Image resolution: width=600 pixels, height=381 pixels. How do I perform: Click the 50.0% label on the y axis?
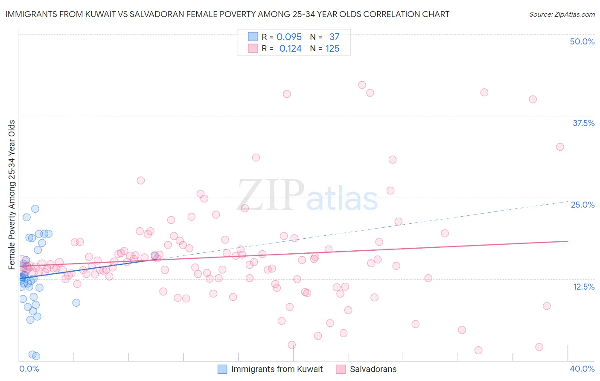pos(582,41)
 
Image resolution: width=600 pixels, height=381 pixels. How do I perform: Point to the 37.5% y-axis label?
pos(583,123)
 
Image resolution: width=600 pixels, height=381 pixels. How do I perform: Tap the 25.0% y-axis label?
pos(583,205)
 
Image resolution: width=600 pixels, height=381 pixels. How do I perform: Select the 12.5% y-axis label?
pos(583,287)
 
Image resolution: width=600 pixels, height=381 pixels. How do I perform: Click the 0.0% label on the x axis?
pos(29,369)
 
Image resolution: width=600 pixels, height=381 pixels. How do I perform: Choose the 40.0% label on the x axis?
pos(582,369)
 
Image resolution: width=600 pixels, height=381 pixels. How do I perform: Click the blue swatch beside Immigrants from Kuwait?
pos(222,369)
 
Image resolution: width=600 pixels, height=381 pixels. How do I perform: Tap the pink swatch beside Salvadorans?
pos(341,369)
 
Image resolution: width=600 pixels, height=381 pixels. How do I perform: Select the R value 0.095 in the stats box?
pos(289,37)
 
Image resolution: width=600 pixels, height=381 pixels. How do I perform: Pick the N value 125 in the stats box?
pos(332,49)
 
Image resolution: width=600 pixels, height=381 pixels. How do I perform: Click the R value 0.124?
pos(290,49)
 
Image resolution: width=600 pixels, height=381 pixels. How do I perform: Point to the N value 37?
pos(334,37)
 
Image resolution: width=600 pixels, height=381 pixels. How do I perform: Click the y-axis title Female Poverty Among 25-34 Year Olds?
pos(12,195)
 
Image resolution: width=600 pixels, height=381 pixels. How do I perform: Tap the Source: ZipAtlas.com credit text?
pos(562,15)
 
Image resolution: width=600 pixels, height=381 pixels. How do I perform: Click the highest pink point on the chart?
pos(362,85)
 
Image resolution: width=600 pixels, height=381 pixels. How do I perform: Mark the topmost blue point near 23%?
pos(35,209)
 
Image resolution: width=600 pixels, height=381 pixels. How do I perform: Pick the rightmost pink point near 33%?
pos(560,147)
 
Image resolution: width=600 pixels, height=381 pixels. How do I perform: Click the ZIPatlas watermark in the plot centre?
pos(307,195)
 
